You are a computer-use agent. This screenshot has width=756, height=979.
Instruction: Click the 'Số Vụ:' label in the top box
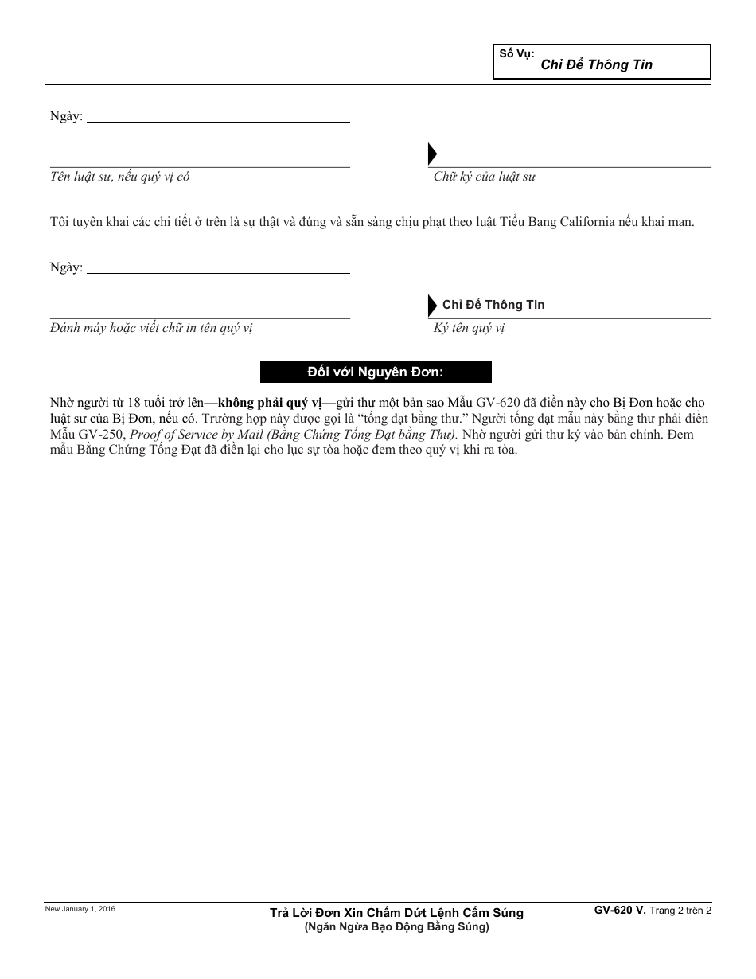pyautogui.click(x=516, y=54)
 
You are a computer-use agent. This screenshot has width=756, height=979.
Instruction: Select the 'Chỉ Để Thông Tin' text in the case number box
pyautogui.click(x=596, y=65)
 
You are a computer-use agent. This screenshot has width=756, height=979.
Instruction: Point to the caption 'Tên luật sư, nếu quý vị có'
pyautogui.click(x=120, y=177)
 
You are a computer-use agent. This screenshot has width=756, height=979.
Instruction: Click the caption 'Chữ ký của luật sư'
pyautogui.click(x=485, y=177)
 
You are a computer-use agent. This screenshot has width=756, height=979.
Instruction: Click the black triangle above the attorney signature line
pyautogui.click(x=433, y=154)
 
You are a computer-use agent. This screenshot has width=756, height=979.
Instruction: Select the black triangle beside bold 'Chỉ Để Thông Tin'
pyautogui.click(x=433, y=305)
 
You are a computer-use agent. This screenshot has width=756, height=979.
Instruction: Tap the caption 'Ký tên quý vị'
pyautogui.click(x=470, y=328)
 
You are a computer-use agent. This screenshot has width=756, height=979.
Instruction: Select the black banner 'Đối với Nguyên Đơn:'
pyautogui.click(x=376, y=372)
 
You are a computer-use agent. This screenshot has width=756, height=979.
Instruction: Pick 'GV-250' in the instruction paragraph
pyautogui.click(x=103, y=434)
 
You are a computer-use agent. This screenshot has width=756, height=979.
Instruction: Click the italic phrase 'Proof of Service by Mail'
pyautogui.click(x=197, y=434)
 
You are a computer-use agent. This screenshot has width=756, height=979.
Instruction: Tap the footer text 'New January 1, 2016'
pyautogui.click(x=80, y=909)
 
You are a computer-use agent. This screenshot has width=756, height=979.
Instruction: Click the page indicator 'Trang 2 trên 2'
pyautogui.click(x=680, y=911)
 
